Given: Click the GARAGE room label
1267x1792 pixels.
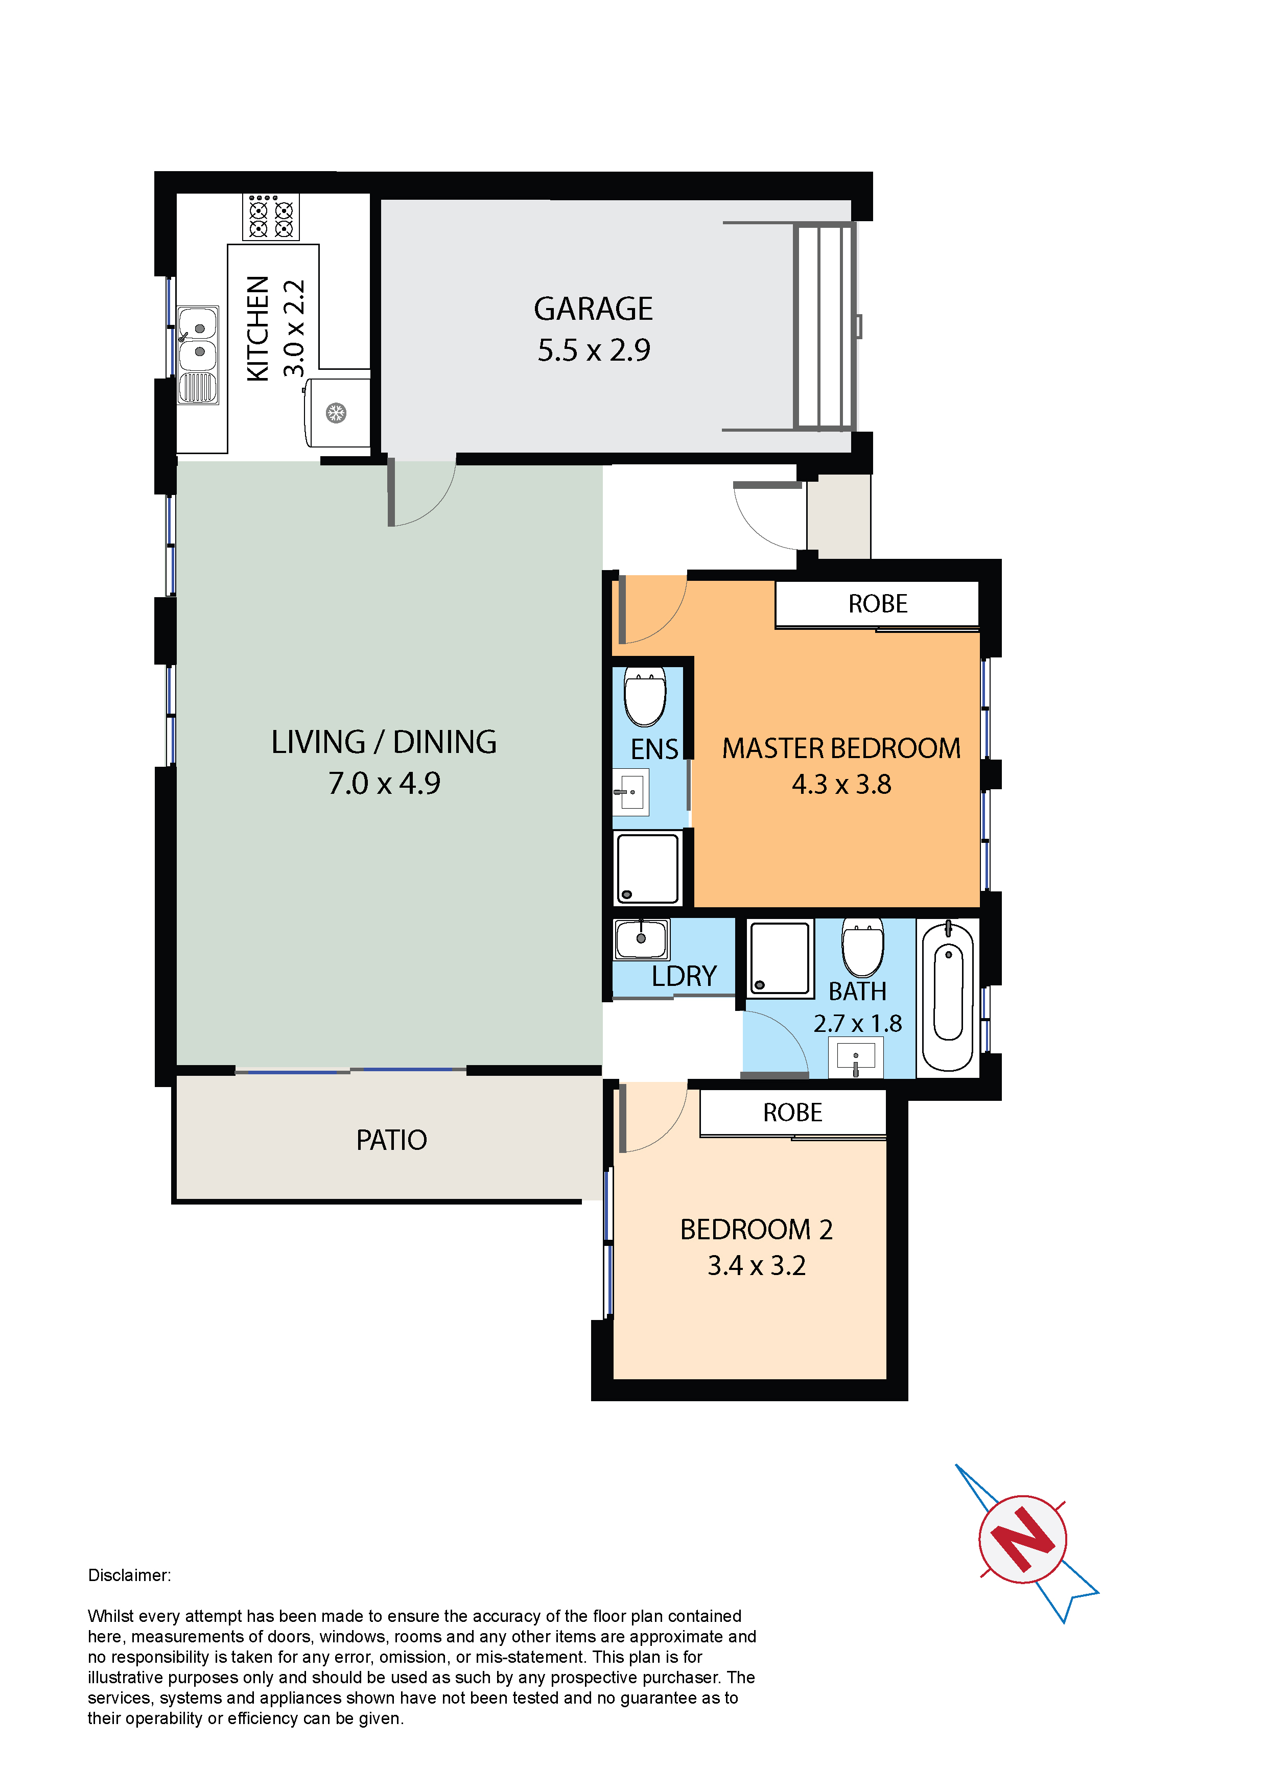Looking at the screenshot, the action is [593, 309].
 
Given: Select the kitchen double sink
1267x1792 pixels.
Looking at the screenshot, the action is [198, 355].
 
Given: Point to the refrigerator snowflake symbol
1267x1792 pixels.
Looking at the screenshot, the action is [336, 412].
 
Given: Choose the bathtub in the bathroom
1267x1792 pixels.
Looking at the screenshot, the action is [948, 997].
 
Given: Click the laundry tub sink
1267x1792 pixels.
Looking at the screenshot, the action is [641, 939].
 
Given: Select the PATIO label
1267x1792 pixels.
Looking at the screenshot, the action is [392, 1140].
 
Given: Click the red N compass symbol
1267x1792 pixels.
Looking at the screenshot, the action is [1023, 1539].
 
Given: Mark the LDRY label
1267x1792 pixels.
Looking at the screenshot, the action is [684, 976].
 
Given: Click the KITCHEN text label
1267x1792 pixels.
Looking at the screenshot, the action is [257, 328].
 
